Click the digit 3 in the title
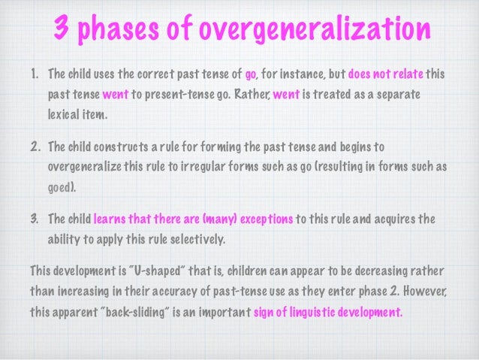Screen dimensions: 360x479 [62, 30]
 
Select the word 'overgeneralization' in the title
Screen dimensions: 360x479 [315, 30]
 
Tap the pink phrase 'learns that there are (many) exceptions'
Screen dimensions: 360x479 [193, 219]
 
